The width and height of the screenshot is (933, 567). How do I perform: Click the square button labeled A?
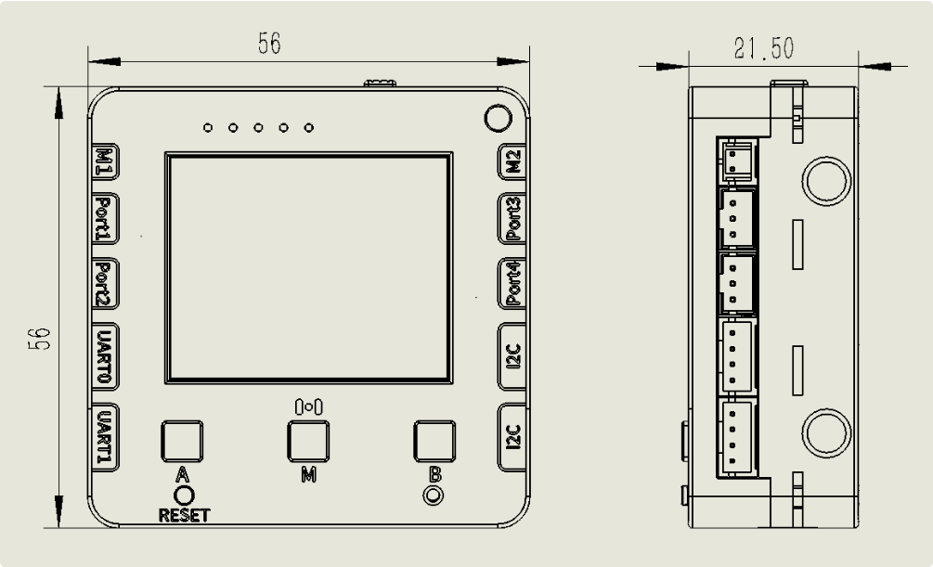(x=182, y=441)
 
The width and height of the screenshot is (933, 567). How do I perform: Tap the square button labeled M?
(x=308, y=441)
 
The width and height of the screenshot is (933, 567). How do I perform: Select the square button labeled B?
(x=434, y=441)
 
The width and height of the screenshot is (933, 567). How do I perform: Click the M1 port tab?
(x=104, y=161)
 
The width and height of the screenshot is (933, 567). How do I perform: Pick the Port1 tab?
(x=104, y=218)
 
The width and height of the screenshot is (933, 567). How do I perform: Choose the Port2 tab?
(x=104, y=283)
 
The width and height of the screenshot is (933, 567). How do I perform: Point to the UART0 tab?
(x=104, y=356)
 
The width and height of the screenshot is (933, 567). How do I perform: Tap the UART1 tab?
(x=104, y=437)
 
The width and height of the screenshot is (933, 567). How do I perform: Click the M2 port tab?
(x=512, y=161)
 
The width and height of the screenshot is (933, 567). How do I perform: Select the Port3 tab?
(x=512, y=218)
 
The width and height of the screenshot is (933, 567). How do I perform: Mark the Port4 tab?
(x=512, y=283)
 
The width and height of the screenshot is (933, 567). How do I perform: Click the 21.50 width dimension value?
(x=764, y=48)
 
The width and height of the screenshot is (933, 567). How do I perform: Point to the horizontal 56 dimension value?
(x=269, y=43)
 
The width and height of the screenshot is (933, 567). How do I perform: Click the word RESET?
(x=185, y=515)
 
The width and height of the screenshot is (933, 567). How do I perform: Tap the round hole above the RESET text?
(x=184, y=496)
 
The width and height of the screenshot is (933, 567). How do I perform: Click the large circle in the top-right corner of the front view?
(x=498, y=118)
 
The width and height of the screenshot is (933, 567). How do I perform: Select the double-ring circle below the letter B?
(x=434, y=495)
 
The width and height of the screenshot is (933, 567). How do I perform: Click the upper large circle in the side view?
(x=826, y=181)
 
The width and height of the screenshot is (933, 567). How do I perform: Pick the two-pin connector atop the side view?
(x=737, y=159)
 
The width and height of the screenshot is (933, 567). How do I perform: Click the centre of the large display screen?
(x=308, y=268)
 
